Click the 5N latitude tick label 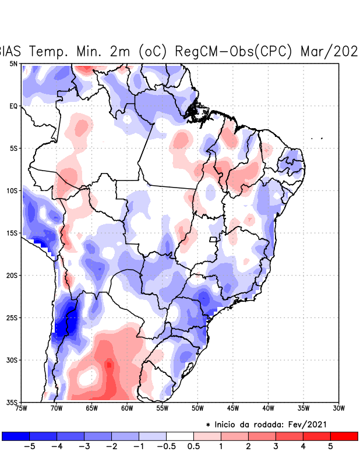coord(13,63)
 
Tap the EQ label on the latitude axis coord(13,106)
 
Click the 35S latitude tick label coord(12,402)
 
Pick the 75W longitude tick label coord(21,408)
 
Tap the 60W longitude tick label coord(126,408)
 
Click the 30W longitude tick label coord(338,408)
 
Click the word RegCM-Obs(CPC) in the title coord(234,51)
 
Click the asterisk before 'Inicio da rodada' coord(208,426)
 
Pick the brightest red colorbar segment coord(344,436)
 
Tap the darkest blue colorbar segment coord(16,436)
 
